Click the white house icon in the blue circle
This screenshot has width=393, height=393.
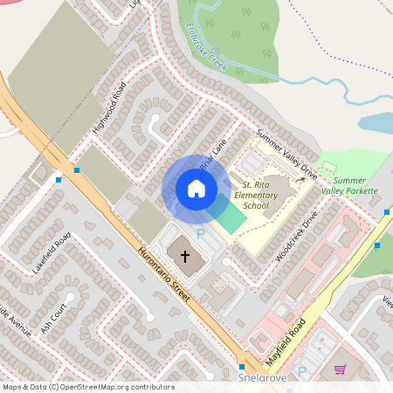click(196, 188)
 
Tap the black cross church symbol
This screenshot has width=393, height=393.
click(184, 257)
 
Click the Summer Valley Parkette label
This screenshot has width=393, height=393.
click(349, 185)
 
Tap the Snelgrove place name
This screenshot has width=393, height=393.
click(263, 381)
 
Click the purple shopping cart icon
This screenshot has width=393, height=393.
click(341, 369)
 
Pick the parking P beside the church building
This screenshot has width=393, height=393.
click(200, 233)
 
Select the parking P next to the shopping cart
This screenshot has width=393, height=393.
click(303, 372)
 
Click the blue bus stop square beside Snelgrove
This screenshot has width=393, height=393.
click(241, 366)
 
